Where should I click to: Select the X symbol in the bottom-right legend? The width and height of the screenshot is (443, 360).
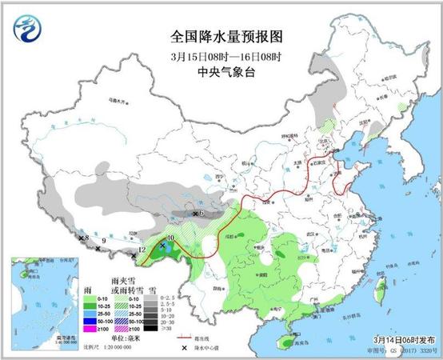[186, 346]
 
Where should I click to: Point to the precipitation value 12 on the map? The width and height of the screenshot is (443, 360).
[142, 251]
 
